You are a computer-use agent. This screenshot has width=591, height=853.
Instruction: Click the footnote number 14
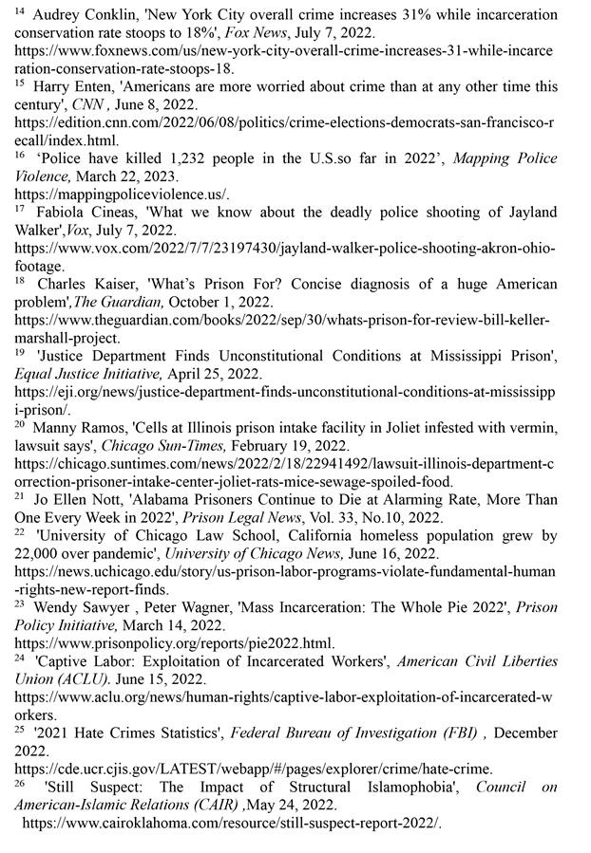pyautogui.click(x=19, y=10)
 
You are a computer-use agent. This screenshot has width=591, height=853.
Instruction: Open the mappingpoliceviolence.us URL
pyautogui.click(x=122, y=194)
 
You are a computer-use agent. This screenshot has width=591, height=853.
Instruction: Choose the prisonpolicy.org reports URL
pyautogui.click(x=175, y=642)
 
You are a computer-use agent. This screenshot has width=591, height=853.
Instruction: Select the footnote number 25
pyautogui.click(x=19, y=731)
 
